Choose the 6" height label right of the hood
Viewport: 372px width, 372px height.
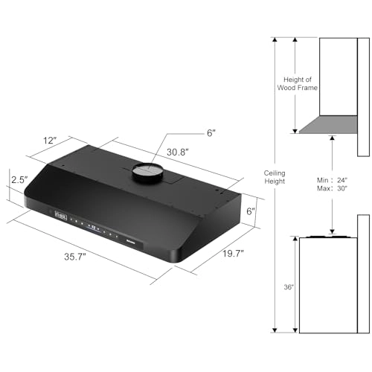pos(251,212)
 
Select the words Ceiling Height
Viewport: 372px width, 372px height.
pos(275,178)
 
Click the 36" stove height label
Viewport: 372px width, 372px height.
pos(288,286)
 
